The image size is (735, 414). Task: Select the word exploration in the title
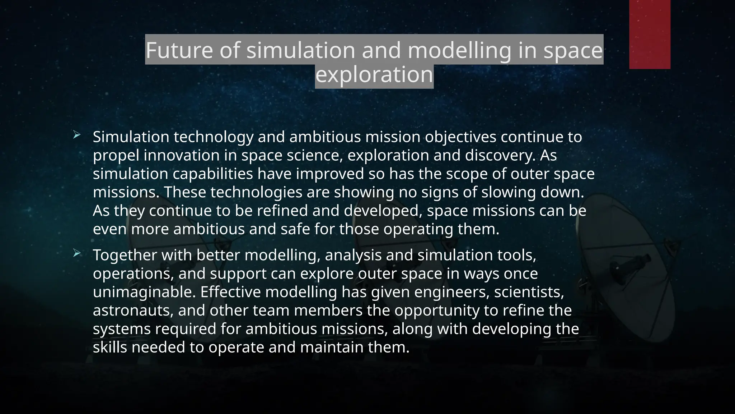click(x=374, y=75)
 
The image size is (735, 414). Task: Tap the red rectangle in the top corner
click(x=650, y=34)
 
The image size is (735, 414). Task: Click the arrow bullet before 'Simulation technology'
click(x=77, y=135)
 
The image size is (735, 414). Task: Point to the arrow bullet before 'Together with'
click(x=77, y=254)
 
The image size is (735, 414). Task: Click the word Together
click(x=125, y=256)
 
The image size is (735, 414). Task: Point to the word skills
click(x=110, y=348)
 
